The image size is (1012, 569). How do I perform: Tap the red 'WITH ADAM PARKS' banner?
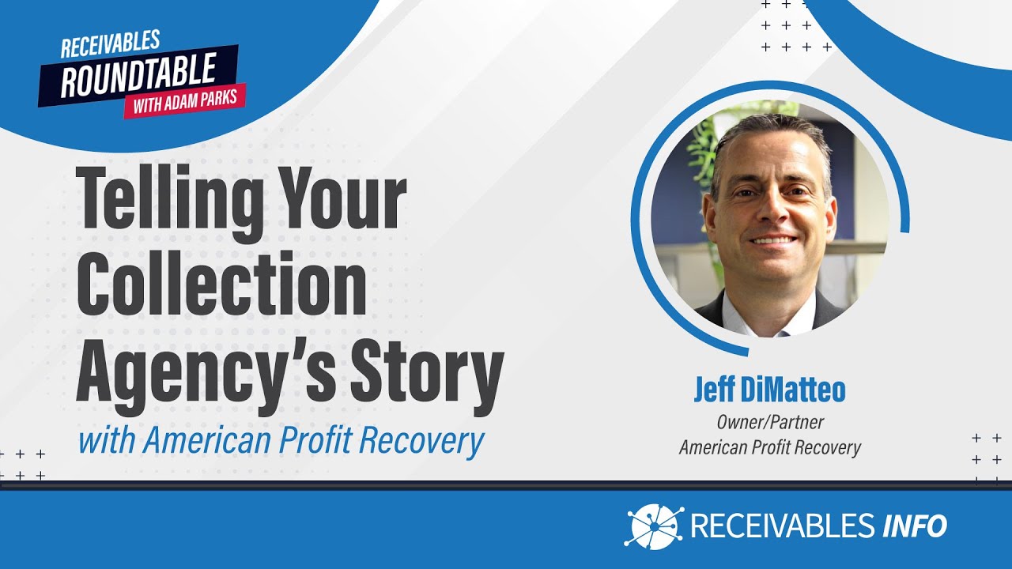(185, 102)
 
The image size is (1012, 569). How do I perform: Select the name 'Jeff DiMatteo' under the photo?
(769, 390)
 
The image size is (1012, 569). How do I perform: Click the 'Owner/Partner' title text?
(769, 423)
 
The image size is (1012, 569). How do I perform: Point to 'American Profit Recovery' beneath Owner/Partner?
(769, 447)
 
